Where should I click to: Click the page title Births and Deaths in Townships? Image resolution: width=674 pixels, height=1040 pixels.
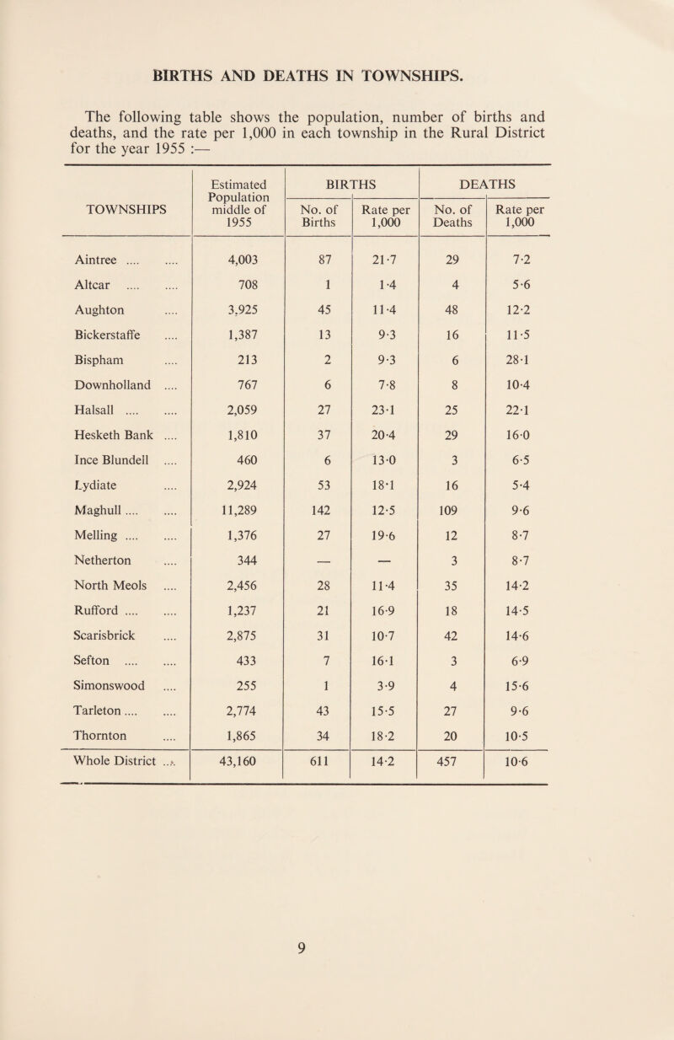pyautogui.click(x=337, y=73)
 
